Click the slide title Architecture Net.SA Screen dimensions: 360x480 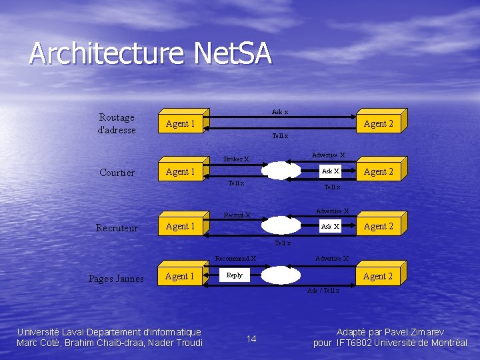[151, 53]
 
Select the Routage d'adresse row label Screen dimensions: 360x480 [117, 123]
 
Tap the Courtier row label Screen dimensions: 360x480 [117, 173]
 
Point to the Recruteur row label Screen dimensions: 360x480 [117, 228]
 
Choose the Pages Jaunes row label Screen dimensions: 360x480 [116, 279]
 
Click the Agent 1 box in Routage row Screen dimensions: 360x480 [180, 123]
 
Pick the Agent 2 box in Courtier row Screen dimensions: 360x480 [378, 171]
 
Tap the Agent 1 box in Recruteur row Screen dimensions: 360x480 [180, 226]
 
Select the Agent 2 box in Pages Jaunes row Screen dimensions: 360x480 [378, 276]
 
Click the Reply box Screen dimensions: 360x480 [235, 275]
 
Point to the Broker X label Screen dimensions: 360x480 [237, 159]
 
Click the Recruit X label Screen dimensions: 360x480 [237, 215]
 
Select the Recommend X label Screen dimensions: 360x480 [235, 258]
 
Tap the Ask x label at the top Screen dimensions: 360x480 [280, 111]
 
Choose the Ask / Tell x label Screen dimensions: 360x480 [323, 290]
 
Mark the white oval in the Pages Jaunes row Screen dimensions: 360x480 [281, 275]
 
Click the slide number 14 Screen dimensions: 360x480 [251, 339]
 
